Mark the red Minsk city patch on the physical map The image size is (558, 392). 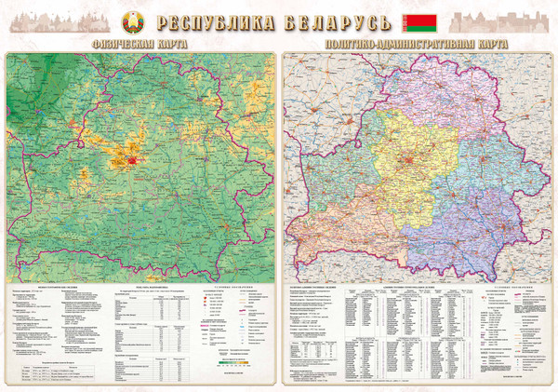coord(133,160)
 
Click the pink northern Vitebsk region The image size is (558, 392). coord(437,93)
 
